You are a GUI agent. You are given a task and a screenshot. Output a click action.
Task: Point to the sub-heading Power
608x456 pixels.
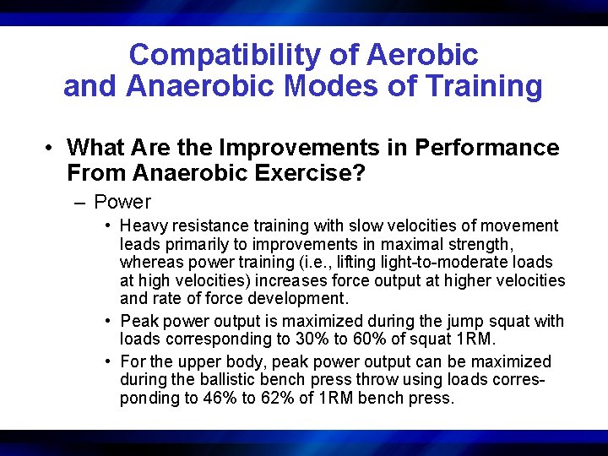tap(122, 203)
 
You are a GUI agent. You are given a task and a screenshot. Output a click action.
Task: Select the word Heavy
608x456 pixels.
tap(143, 225)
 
